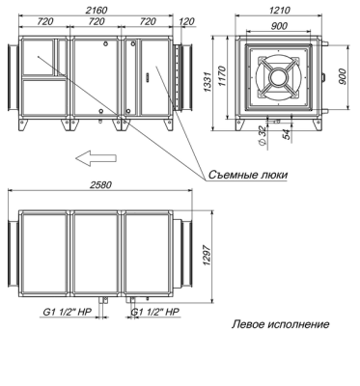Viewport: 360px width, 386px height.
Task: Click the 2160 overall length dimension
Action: [97, 10]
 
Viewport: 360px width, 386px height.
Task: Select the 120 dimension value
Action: [187, 21]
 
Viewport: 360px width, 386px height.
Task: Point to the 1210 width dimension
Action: [279, 10]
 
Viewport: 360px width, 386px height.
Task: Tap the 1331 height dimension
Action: [208, 82]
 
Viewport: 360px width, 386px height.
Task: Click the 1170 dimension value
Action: [222, 76]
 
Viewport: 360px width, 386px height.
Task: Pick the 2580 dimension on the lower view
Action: [100, 185]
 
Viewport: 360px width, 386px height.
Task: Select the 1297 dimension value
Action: [208, 256]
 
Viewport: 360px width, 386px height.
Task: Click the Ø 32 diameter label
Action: [263, 137]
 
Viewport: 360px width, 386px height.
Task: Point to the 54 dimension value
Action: [287, 134]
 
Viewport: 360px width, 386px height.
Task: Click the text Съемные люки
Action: [248, 175]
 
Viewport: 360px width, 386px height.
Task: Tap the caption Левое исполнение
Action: [280, 324]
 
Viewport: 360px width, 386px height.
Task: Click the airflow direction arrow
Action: [96, 158]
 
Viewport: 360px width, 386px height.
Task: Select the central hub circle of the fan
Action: [279, 77]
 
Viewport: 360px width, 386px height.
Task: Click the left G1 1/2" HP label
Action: [68, 312]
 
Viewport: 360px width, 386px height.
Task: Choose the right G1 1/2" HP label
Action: [154, 312]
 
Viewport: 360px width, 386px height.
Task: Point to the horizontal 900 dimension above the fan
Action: [279, 26]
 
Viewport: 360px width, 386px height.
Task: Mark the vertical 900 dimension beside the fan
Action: [343, 77]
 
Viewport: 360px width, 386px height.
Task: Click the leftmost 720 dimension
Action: [44, 21]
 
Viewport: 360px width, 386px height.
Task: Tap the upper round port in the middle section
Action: [105, 43]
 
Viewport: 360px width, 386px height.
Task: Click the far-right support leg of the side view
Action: [169, 125]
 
